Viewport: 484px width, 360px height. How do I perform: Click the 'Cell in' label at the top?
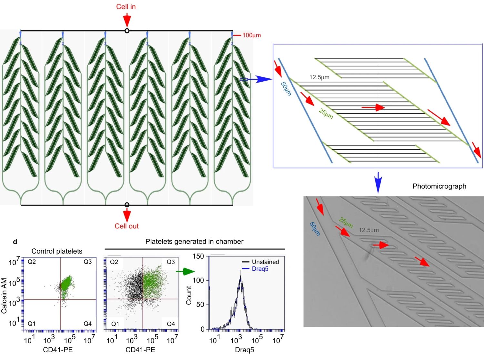click(126, 7)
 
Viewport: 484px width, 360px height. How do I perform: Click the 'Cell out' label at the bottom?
click(126, 226)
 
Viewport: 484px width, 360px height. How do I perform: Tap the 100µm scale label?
click(251, 35)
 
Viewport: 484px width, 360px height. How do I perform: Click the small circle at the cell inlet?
click(127, 31)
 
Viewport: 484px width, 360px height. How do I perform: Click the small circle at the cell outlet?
click(127, 205)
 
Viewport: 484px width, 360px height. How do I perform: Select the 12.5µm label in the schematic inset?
click(319, 77)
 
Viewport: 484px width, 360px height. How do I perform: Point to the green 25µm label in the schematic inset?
click(326, 114)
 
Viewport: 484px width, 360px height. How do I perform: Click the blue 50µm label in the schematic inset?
click(286, 89)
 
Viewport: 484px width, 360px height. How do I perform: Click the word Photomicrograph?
click(439, 186)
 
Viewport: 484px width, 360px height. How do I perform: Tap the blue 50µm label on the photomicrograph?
click(315, 229)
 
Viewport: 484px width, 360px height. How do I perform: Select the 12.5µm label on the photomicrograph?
click(369, 230)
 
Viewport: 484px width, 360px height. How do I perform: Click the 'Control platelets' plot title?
click(57, 251)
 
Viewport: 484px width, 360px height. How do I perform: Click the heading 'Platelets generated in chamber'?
click(194, 242)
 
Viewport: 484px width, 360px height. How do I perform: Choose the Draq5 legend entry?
click(260, 269)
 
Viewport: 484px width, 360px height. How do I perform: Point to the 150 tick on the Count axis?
click(198, 256)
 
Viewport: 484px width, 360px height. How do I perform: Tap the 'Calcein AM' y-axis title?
click(4, 296)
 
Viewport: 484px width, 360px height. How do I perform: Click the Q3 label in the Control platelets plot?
click(87, 262)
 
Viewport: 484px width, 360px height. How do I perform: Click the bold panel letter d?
click(15, 242)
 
